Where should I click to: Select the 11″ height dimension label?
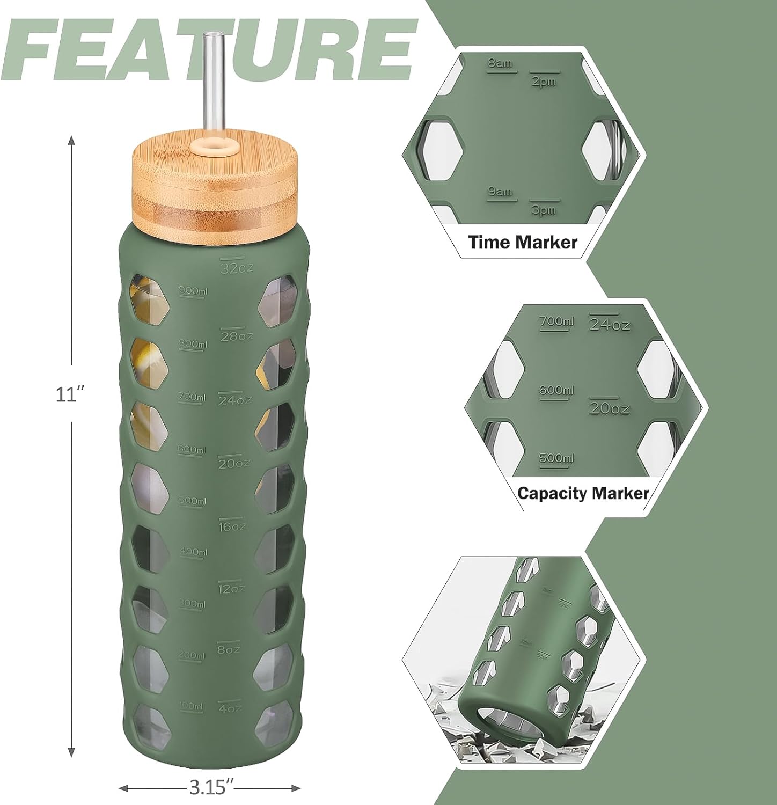[71, 395]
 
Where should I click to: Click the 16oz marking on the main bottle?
[232, 526]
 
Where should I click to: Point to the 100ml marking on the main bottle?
[192, 706]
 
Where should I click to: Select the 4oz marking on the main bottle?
[230, 708]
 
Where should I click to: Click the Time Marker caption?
[523, 242]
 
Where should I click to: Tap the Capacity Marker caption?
[583, 493]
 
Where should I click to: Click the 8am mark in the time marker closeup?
[500, 64]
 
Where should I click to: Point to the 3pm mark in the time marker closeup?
[544, 210]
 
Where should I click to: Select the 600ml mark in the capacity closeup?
[556, 390]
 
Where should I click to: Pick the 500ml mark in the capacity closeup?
[556, 458]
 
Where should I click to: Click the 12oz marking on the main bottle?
[231, 589]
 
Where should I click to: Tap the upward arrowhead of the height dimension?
[71, 141]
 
